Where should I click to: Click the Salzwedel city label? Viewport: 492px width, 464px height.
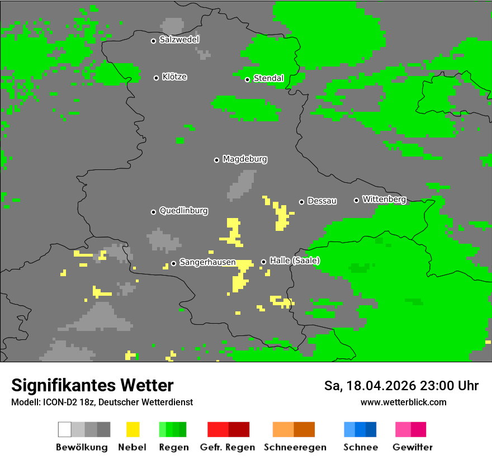pos(179,40)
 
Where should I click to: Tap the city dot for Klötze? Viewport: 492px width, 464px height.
pos(156,78)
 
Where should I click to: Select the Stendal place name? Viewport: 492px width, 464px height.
pos(268,79)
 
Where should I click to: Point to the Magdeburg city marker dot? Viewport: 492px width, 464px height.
pos(216,160)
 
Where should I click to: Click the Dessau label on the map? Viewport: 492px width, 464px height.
pos(322,201)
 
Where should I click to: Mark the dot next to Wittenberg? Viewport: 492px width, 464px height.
pos(356,200)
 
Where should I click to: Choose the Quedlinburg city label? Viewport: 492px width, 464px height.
pos(183,211)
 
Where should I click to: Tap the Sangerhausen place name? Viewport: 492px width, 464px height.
pos(207,263)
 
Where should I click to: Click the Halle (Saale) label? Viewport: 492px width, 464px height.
pos(295,261)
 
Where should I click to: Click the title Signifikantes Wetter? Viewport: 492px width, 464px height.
pos(92,385)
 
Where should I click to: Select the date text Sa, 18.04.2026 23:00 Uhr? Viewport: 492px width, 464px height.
pos(401,386)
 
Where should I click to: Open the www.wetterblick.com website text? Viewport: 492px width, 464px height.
pos(403,402)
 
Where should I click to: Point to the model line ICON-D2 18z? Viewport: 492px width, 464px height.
pos(102,402)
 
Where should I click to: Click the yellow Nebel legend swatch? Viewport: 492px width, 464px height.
pos(133,429)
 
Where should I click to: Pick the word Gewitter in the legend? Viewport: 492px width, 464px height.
pos(412,447)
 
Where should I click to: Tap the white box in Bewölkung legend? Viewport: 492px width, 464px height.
pos(64,429)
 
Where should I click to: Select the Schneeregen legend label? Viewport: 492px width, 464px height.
pos(294,447)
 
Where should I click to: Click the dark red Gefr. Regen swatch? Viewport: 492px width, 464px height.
pos(239,429)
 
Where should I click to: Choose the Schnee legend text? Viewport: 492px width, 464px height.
pos(360,447)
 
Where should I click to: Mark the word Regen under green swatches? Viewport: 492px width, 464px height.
pos(173,447)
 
